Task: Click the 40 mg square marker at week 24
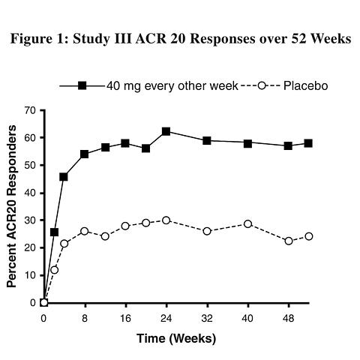[166, 131]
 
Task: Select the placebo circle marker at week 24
[166, 220]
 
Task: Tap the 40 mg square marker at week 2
[54, 232]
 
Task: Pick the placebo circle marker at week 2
[54, 270]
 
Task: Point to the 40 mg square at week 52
[308, 143]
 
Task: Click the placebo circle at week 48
[289, 241]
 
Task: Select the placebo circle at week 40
[247, 223]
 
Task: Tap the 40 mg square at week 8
[85, 154]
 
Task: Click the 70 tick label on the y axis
[30, 110]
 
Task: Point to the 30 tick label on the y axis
[30, 220]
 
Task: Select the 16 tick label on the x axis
[125, 319]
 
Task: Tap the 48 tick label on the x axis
[288, 319]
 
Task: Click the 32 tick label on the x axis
[207, 319]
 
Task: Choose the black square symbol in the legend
[82, 85]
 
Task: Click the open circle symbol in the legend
[262, 85]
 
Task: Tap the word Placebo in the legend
[305, 86]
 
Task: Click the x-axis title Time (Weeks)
[176, 339]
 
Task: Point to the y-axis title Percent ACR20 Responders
[11, 206]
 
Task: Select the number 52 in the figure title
[298, 39]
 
